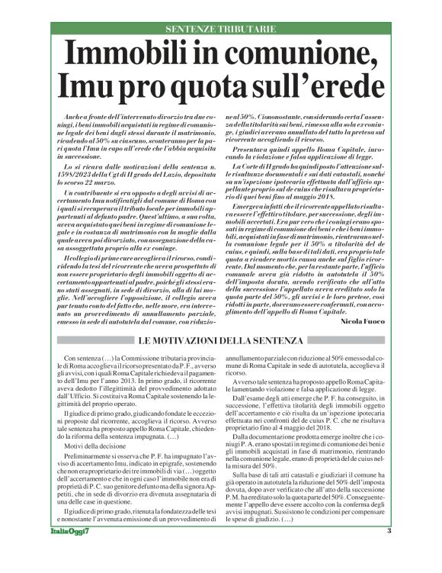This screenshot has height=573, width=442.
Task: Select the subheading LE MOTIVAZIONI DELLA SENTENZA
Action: (x=220, y=340)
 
